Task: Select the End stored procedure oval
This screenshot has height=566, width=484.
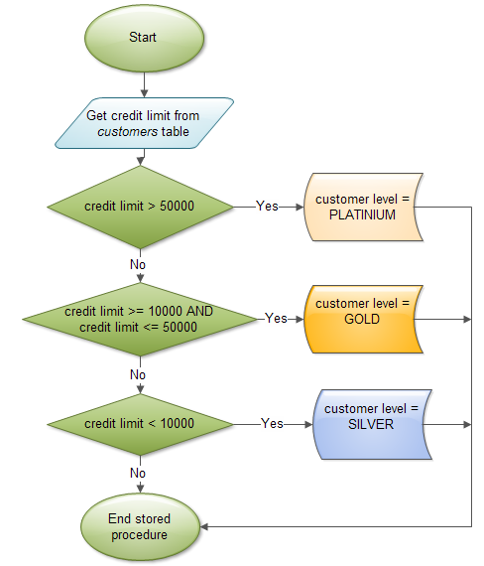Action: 139,526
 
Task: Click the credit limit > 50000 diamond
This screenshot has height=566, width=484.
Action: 139,207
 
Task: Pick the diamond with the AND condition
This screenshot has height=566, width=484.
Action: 139,318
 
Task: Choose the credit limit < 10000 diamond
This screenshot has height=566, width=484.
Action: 139,424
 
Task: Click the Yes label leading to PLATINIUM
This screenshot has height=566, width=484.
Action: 267,207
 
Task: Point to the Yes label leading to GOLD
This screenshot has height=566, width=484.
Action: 277,318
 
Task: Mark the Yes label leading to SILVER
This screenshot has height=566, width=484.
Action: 272,424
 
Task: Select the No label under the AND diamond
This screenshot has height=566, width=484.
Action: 138,374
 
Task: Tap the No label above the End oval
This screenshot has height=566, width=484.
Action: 138,474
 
